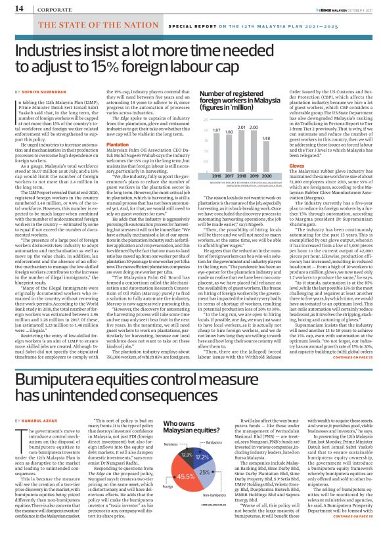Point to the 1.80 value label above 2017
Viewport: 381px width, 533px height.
(229, 132)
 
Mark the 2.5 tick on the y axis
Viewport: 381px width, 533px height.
(205, 120)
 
